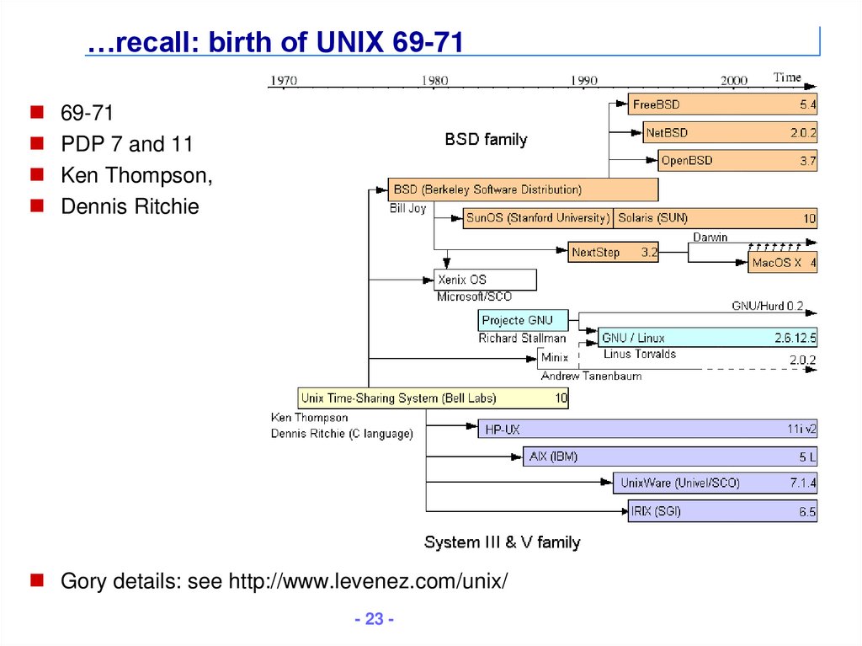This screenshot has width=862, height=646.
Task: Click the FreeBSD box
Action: coord(722,105)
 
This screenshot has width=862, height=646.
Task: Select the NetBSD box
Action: coord(730,133)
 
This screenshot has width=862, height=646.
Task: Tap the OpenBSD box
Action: coord(737,161)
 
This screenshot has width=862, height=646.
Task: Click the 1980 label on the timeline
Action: coord(434,81)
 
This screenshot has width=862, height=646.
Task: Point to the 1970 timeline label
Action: coord(283,81)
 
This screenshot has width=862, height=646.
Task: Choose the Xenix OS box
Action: coord(485,280)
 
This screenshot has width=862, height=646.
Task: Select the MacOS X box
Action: coord(783,263)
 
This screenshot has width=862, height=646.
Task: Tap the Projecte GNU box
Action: coord(523,321)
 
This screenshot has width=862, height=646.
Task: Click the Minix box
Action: coord(554,358)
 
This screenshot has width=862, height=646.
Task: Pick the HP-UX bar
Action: coord(646,430)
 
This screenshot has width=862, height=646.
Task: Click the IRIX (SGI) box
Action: coord(722,511)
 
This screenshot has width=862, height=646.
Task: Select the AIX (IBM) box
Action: coord(670,457)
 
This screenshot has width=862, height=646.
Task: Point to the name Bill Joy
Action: coord(408,208)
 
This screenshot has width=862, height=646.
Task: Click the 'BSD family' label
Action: coord(486,140)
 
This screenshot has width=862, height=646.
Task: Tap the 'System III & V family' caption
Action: coord(502,542)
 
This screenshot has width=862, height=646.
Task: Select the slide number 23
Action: coord(374,620)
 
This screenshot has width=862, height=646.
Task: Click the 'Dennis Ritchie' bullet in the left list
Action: coord(130,206)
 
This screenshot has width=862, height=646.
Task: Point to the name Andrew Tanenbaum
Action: coord(591,376)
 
